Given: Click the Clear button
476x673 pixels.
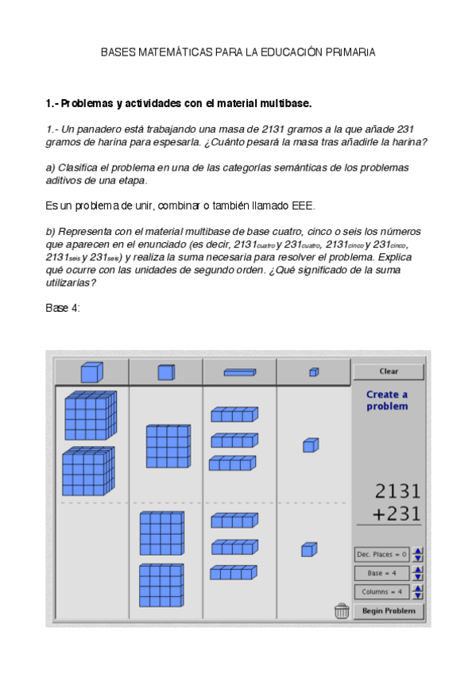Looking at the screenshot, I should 389,371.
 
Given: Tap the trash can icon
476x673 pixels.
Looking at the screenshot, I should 342,610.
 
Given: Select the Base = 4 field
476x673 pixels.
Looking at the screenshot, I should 382,573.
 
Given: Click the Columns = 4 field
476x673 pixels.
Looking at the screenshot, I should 382,592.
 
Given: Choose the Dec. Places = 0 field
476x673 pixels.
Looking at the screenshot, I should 382,554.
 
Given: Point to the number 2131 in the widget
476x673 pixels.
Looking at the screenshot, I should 397,491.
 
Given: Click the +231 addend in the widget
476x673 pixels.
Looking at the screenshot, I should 397,513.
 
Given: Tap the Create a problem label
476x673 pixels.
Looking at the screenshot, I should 387,401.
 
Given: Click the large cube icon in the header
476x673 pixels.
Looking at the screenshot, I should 91,371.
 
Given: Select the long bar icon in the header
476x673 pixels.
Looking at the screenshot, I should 239,371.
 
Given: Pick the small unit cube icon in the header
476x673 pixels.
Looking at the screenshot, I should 314,371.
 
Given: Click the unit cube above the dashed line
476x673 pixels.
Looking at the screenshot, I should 310,445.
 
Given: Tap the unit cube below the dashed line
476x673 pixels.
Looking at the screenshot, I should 308,549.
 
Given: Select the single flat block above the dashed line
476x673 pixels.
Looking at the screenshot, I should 168,446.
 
